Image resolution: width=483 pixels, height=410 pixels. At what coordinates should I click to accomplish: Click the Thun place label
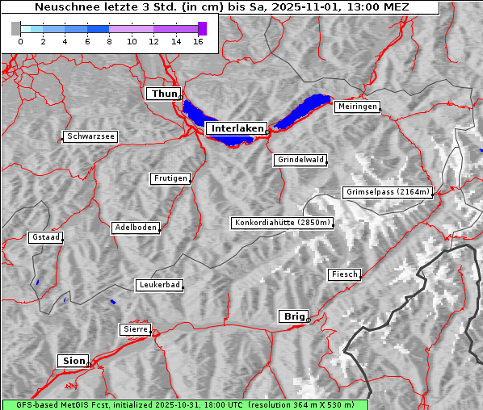pos(164,94)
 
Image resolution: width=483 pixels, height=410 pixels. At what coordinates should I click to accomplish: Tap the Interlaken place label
pos(236,128)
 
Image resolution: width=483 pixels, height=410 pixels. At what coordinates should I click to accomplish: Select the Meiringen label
pos(356,107)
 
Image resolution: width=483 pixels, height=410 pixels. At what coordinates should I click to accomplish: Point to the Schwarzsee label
pos(90,137)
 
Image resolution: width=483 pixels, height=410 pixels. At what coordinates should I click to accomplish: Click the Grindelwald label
pos(301,160)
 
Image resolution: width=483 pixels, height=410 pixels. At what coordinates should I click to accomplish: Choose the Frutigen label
pos(170,178)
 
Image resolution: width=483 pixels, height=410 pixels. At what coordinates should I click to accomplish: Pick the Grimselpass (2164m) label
pos(388,192)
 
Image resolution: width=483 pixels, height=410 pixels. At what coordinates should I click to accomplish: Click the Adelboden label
pos(135,228)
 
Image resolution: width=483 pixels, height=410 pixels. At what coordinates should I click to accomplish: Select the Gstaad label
pos(46,237)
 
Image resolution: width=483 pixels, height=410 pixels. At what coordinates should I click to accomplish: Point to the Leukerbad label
pos(159,285)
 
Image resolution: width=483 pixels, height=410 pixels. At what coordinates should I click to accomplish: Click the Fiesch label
pos(344,274)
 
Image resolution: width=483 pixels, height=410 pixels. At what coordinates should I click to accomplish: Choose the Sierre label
pos(135,329)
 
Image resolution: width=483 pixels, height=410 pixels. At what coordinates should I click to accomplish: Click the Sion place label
pos(72,361)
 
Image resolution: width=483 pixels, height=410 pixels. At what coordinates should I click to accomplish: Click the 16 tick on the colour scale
pos(198,41)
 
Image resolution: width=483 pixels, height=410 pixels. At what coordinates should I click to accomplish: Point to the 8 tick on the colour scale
pos(109,41)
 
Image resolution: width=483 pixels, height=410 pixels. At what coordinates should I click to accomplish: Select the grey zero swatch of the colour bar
pos(16,28)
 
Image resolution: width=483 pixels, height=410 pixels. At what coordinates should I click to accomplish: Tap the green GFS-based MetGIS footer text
pos(184,404)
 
